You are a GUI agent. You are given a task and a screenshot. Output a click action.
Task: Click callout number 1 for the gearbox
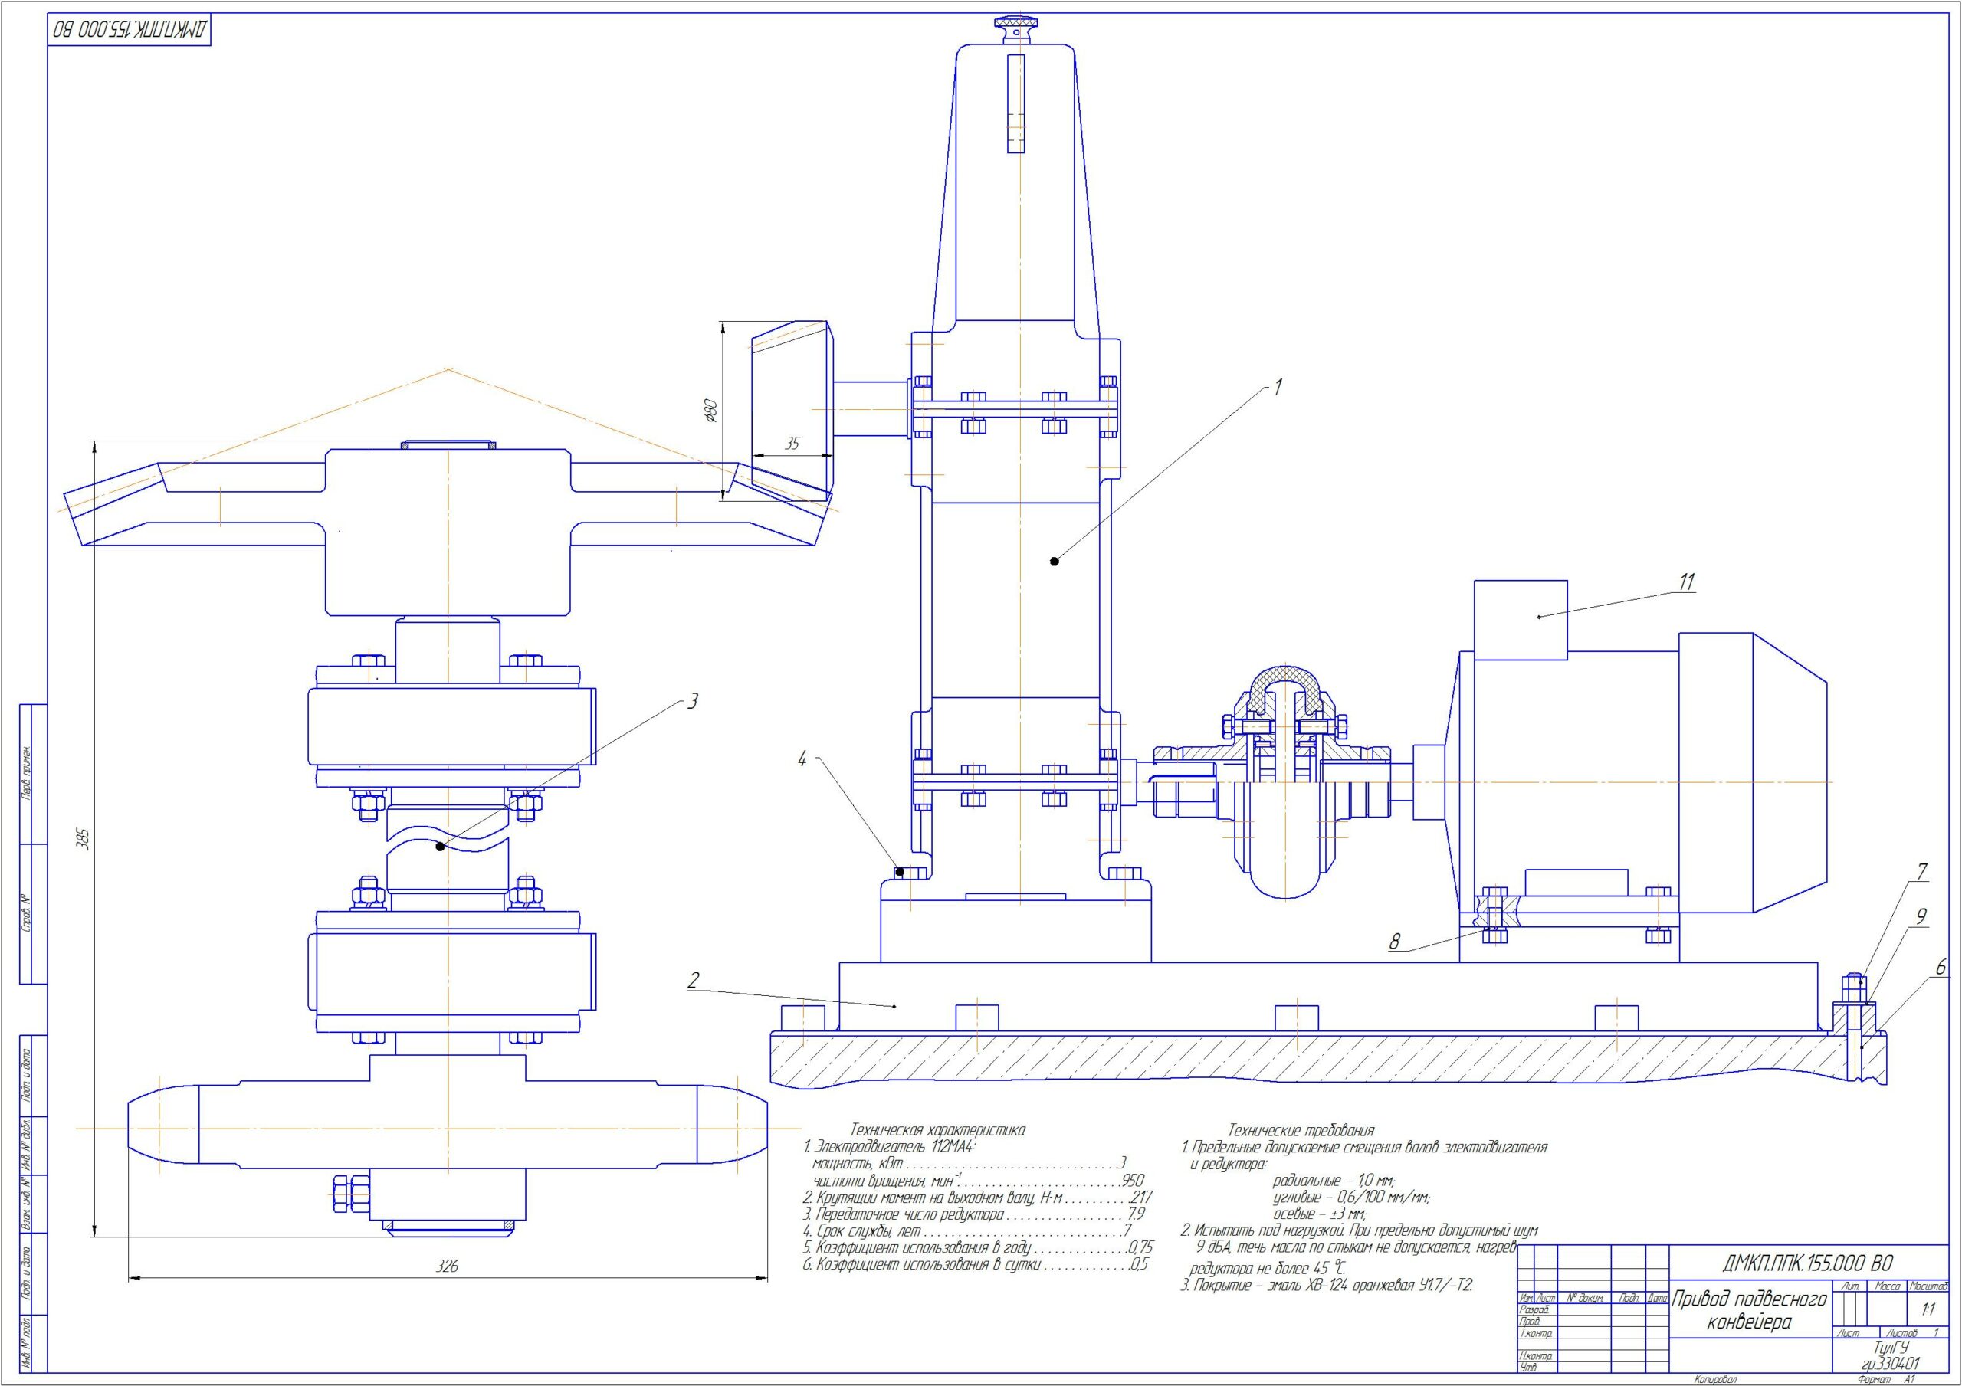(1278, 386)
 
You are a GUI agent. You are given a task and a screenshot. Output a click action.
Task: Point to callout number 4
(802, 758)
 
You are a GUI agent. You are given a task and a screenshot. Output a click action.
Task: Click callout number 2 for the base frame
(693, 979)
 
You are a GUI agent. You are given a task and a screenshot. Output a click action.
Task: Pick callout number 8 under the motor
(1396, 942)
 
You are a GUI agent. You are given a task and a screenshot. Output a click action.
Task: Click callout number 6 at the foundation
(1940, 968)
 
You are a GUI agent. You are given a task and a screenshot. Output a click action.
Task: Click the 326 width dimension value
(447, 1266)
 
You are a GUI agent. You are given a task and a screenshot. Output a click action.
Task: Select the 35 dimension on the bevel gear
(792, 444)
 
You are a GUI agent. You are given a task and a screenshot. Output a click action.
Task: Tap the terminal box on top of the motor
(1521, 620)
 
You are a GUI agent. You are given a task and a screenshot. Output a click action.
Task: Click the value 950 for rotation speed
(1131, 1181)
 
